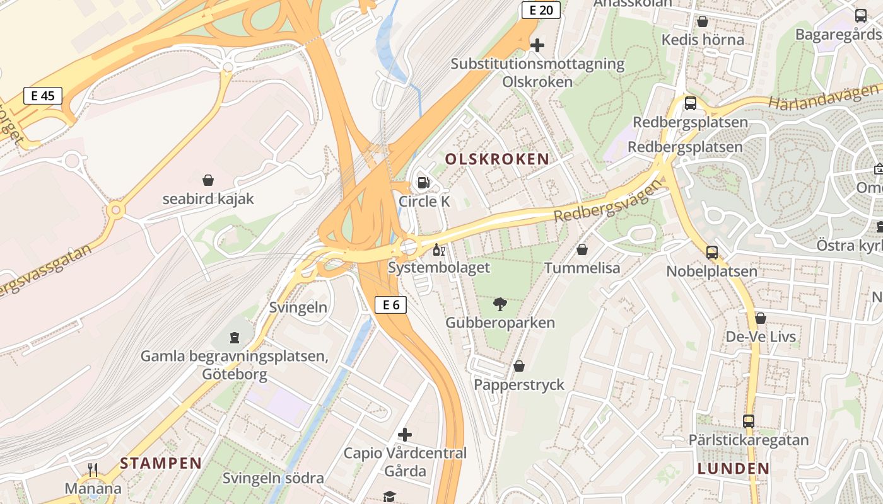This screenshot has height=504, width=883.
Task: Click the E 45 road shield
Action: click(x=43, y=96)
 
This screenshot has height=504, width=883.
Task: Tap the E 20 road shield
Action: click(x=541, y=10)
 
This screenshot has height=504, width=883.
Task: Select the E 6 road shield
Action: click(x=391, y=306)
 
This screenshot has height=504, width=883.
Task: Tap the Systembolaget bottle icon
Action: click(x=438, y=249)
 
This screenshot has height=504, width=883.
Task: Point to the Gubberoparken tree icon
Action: click(x=500, y=305)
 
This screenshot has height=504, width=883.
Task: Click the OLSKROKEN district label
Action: click(x=497, y=159)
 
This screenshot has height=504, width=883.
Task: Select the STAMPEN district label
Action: click(x=161, y=464)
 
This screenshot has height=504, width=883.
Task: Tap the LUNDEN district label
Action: click(x=734, y=469)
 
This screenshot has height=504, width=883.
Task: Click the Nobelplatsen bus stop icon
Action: click(x=712, y=253)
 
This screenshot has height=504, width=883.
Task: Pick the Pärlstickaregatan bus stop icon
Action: click(x=749, y=421)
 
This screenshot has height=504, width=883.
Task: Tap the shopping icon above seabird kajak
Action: click(x=208, y=181)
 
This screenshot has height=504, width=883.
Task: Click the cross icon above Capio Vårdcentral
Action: click(x=405, y=435)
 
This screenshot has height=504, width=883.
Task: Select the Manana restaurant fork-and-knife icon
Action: click(x=93, y=469)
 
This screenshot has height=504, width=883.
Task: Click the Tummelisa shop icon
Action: click(x=582, y=250)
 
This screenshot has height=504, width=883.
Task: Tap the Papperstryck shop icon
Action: click(x=519, y=366)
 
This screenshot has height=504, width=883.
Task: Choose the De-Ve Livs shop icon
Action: click(x=761, y=318)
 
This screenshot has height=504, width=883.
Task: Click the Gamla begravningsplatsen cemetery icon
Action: click(x=235, y=338)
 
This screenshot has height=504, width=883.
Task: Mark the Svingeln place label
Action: click(x=298, y=307)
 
